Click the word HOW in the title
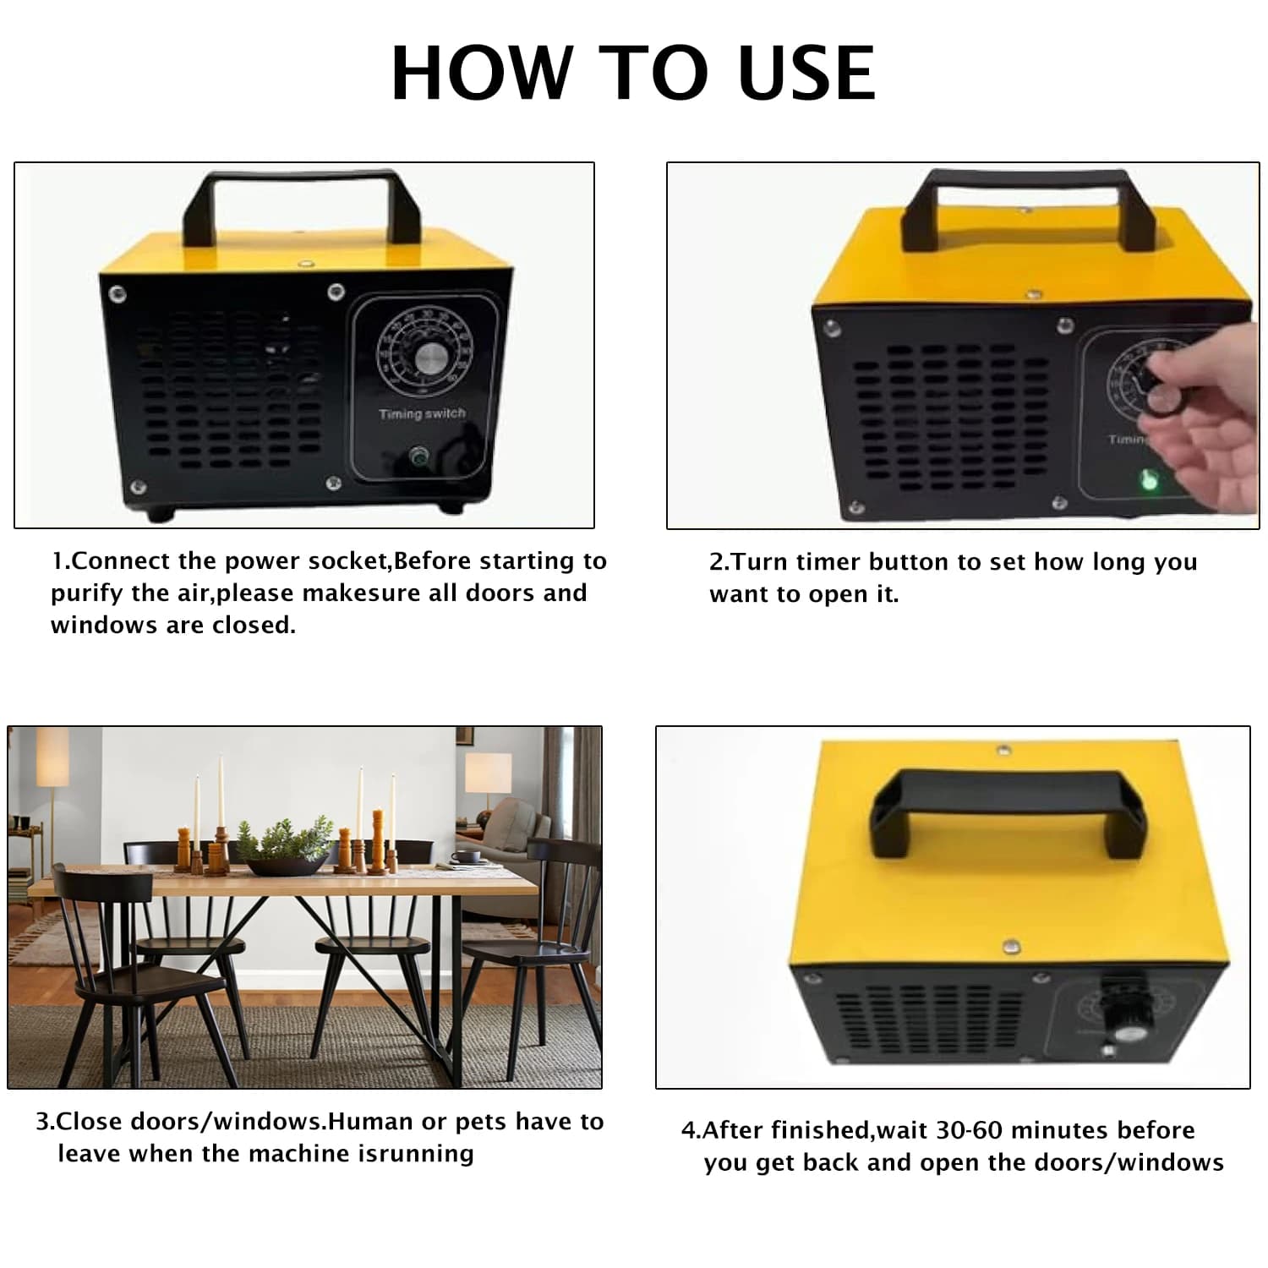pyautogui.click(x=482, y=73)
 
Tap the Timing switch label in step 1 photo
pyautogui.click(x=422, y=413)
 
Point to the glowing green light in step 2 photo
pyautogui.click(x=1149, y=481)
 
